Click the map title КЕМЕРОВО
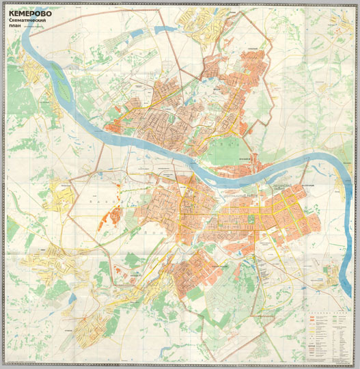30,11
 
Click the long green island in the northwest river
61,89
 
